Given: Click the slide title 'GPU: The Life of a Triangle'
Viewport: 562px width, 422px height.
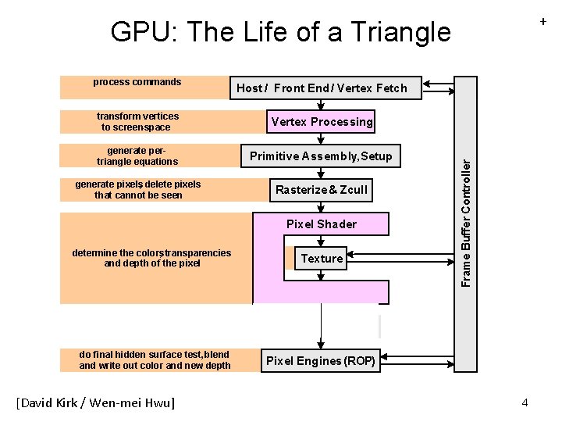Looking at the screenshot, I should (280, 32).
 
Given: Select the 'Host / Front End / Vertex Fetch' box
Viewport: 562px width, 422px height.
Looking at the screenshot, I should (322, 88).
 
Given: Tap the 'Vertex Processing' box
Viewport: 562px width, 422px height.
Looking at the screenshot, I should (322, 122).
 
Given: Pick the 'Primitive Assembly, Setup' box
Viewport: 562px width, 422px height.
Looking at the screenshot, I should (321, 156).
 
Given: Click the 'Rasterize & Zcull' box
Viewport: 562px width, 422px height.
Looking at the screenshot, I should (321, 190).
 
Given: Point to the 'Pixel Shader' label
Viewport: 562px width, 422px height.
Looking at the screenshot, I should (321, 224).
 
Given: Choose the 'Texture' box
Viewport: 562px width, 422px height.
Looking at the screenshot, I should (322, 259).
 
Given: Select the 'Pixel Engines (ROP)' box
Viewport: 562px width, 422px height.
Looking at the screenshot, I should (321, 361).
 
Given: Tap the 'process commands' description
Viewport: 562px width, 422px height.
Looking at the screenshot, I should (137, 82).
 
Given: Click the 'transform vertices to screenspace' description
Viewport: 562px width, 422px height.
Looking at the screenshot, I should (137, 122).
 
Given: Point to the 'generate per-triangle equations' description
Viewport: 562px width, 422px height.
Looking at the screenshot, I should (137, 156).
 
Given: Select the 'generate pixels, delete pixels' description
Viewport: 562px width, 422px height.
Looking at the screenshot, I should (137, 190).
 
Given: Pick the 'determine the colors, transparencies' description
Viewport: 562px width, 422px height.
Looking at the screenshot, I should (151, 258).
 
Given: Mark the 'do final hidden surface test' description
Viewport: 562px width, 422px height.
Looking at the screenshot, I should (155, 360).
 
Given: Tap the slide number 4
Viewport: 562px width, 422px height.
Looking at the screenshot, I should (525, 402).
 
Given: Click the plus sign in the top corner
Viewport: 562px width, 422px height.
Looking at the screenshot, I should (542, 23).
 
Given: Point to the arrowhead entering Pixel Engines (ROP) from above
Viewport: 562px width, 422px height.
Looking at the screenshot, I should (321, 345).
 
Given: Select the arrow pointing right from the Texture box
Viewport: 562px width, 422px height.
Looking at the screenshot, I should (353, 254).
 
